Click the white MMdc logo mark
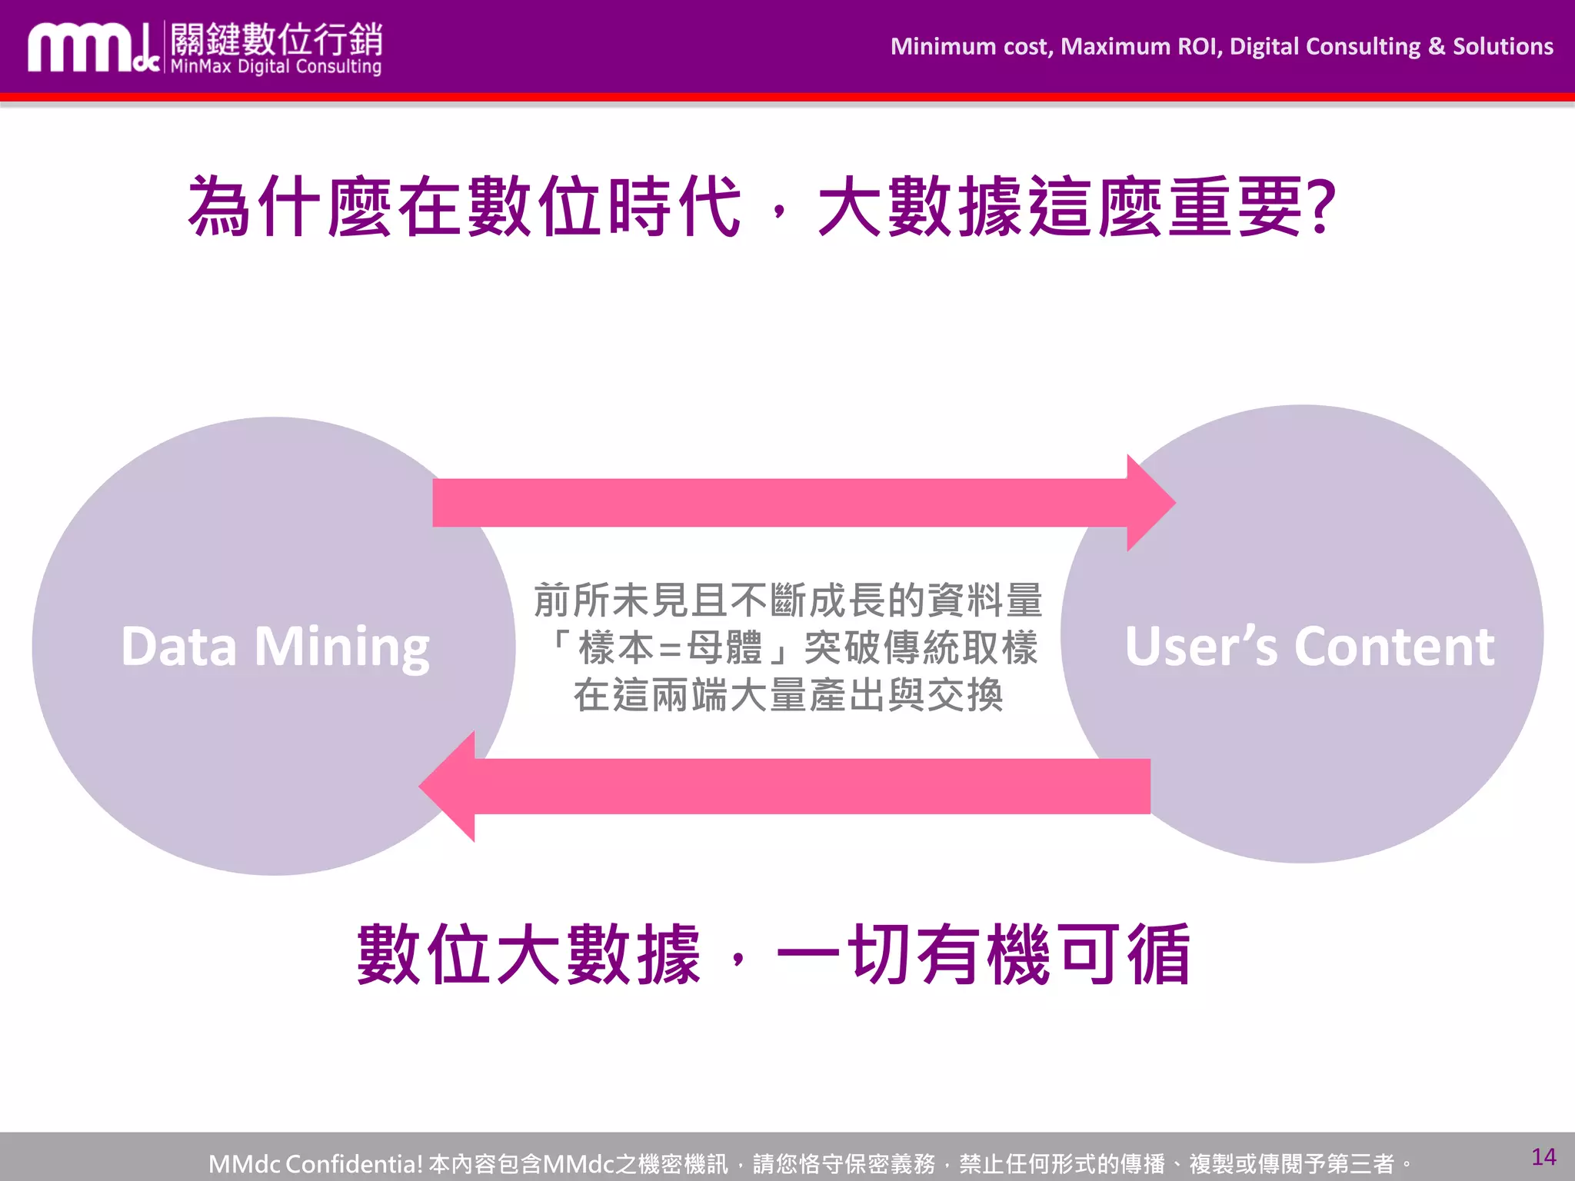92,48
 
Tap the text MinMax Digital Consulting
275,67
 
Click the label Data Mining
275,647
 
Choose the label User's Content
1309,647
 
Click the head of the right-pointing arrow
1149,503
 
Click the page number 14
1543,1156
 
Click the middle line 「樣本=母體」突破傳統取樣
791,647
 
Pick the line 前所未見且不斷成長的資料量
787,600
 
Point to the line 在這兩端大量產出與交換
787,695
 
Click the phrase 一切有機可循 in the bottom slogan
984,954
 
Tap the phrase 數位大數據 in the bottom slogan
529,954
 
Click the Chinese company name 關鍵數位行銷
276,38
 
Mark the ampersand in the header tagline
1437,47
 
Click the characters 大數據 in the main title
919,206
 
